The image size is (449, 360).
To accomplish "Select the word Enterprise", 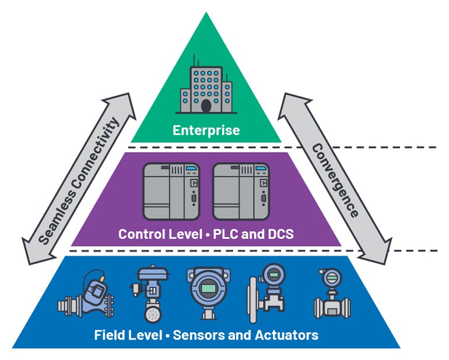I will coord(206,130).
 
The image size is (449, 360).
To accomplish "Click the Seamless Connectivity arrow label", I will coord(79,175).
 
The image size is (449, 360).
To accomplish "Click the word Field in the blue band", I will coord(109,335).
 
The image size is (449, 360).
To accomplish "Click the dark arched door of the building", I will coord(206,105).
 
